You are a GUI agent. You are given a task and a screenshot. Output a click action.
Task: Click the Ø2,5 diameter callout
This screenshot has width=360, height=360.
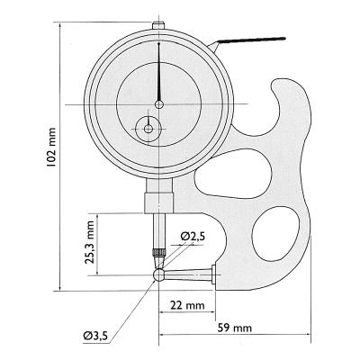pyautogui.click(x=193, y=236)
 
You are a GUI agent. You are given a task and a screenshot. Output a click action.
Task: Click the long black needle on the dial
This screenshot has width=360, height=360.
pyautogui.click(x=158, y=72)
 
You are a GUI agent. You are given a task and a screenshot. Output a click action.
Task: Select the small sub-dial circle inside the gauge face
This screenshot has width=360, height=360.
pyautogui.click(x=148, y=129)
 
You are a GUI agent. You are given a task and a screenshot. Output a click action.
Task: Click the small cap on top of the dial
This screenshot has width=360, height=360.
pyautogui.click(x=158, y=25)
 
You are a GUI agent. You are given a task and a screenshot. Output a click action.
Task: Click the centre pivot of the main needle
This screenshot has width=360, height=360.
pyautogui.click(x=158, y=104)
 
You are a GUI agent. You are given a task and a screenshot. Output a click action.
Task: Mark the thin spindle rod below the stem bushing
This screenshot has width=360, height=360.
pyautogui.click(x=158, y=229)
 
